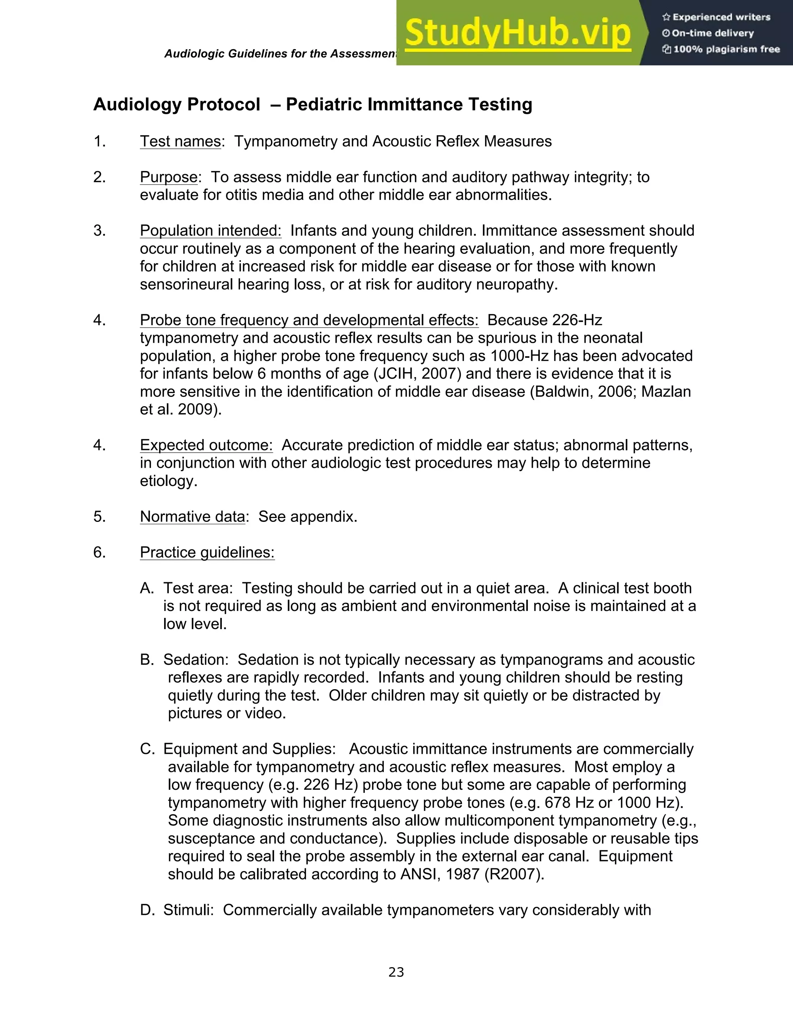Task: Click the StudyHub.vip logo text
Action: tap(517, 33)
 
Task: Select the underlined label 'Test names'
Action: tap(180, 141)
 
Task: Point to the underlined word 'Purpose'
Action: tap(169, 177)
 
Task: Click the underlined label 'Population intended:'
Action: tap(211, 231)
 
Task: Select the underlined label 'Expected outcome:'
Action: tap(206, 445)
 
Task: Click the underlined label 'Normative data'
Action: tap(192, 517)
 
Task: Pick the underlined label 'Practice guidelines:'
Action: tap(207, 552)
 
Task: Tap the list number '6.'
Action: tap(100, 552)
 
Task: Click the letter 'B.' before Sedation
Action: tap(147, 660)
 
